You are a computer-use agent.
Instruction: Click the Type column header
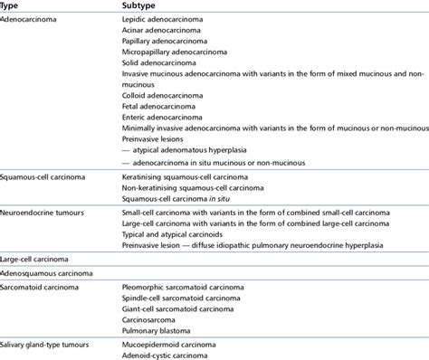(x=12, y=5)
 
